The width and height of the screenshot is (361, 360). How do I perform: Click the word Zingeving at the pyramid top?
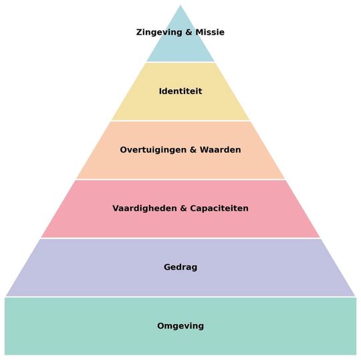(x=159, y=32)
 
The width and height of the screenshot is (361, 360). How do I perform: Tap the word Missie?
(x=210, y=32)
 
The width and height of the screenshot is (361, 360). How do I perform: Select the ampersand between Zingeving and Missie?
(x=189, y=32)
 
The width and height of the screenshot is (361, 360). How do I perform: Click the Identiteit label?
(x=180, y=91)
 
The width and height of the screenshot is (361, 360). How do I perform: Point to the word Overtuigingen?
(x=153, y=150)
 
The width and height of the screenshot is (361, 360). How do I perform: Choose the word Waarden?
(x=221, y=150)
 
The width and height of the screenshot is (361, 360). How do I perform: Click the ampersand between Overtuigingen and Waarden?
(x=193, y=150)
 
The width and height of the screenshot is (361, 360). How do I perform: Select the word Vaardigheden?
(x=144, y=208)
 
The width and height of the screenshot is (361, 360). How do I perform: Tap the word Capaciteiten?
(x=219, y=209)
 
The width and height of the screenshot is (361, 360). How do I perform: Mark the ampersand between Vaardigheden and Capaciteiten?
(x=183, y=208)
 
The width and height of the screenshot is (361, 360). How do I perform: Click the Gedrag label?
(x=180, y=268)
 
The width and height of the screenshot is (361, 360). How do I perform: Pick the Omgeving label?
(x=180, y=326)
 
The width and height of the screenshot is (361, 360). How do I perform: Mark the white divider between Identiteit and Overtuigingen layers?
(x=180, y=120)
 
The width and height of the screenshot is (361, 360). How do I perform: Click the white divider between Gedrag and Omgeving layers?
(x=180, y=297)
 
